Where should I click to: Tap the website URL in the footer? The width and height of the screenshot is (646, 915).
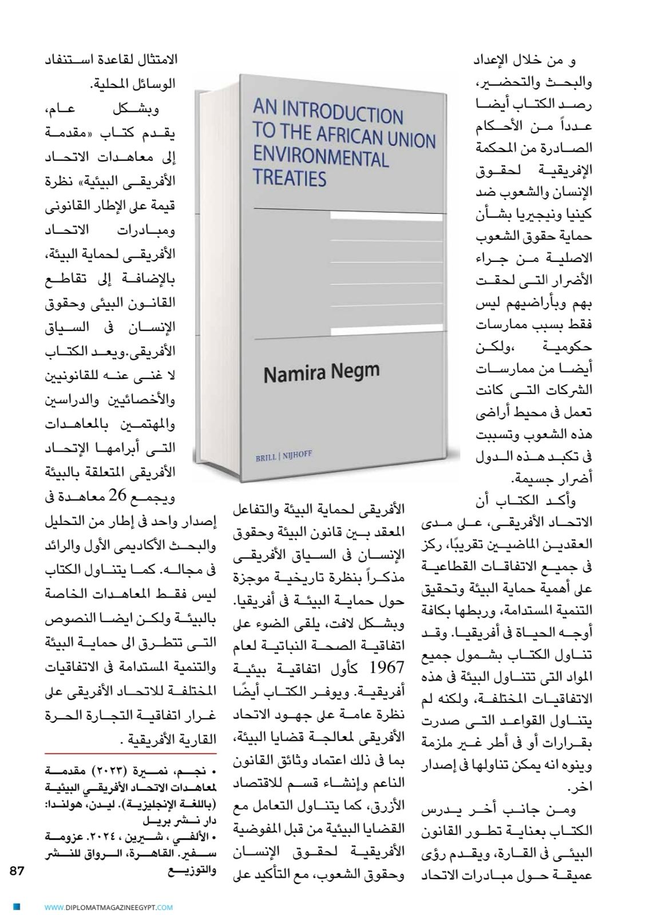(109, 906)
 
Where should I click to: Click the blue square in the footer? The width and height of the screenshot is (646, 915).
(17, 906)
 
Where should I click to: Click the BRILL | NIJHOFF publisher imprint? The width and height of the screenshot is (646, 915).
(284, 456)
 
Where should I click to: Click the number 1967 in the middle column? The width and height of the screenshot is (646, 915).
(388, 667)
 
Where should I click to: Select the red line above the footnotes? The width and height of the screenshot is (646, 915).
(130, 754)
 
